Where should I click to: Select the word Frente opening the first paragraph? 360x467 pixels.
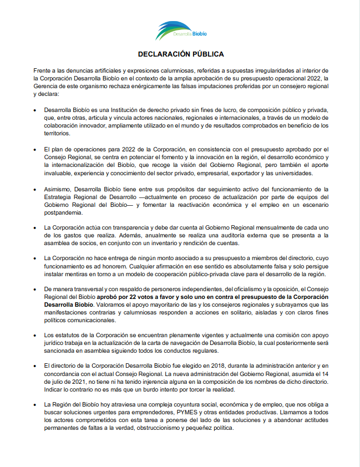click(x=43, y=71)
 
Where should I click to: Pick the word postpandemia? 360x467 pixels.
click(x=63, y=212)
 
